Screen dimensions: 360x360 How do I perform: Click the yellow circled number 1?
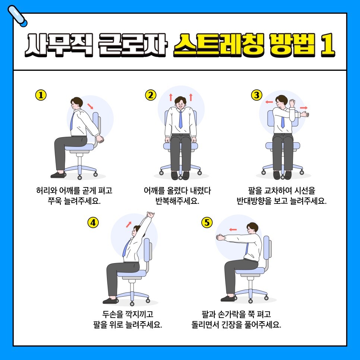(41, 95)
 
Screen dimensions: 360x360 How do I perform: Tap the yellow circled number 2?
(151, 95)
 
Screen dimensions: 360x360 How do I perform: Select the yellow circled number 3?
(257, 95)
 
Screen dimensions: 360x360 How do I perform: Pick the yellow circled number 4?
(93, 222)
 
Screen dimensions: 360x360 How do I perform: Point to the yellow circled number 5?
(207, 222)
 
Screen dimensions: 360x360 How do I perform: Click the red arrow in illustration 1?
(90, 106)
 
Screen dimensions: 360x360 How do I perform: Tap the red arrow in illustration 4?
(129, 225)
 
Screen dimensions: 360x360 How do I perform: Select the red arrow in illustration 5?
(233, 229)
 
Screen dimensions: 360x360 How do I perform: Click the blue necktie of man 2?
(180, 119)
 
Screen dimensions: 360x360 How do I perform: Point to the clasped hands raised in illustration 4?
(151, 215)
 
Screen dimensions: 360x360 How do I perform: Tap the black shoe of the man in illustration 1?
(58, 175)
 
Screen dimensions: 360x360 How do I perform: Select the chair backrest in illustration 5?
(267, 247)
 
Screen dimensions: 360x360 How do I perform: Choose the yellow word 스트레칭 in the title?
(218, 45)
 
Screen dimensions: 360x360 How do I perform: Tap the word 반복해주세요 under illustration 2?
(177, 201)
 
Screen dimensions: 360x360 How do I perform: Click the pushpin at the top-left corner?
(17, 16)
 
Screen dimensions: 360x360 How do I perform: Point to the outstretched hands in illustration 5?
(220, 237)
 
